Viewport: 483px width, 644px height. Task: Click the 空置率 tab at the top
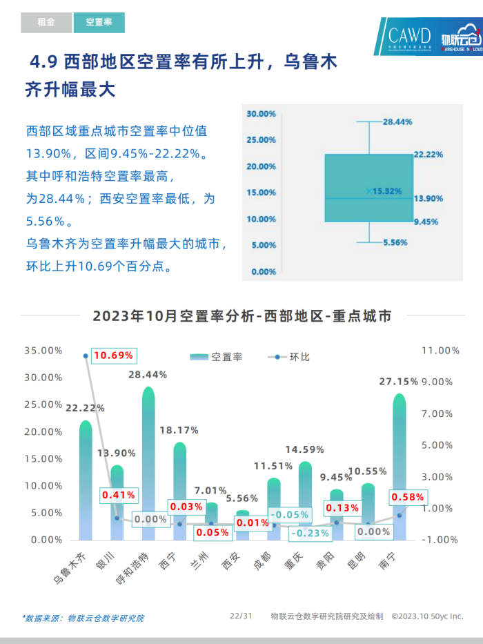pyautogui.click(x=99, y=23)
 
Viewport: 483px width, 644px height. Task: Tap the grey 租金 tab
pyautogui.click(x=46, y=23)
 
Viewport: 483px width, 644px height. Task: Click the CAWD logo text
pyautogui.click(x=409, y=35)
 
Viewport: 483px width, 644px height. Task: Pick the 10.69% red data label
pyautogui.click(x=113, y=355)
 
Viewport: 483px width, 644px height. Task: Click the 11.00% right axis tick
pyautogui.click(x=440, y=351)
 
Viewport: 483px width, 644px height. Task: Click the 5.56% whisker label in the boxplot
pyautogui.click(x=396, y=242)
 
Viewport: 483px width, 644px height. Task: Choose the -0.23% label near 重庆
pyautogui.click(x=310, y=533)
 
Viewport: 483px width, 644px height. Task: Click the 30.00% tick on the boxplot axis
pyautogui.click(x=262, y=113)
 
